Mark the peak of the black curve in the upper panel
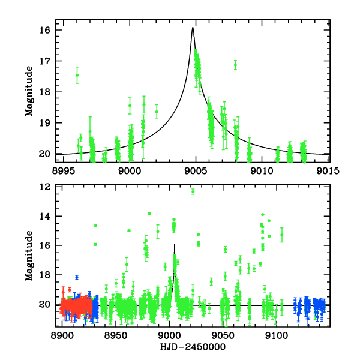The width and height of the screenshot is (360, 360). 193,28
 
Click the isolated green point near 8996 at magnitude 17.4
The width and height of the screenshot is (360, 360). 77,74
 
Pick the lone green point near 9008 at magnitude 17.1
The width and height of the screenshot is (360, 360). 235,64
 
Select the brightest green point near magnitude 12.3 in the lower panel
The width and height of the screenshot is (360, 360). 193,191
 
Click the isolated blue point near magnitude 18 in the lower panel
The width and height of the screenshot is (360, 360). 77,277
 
